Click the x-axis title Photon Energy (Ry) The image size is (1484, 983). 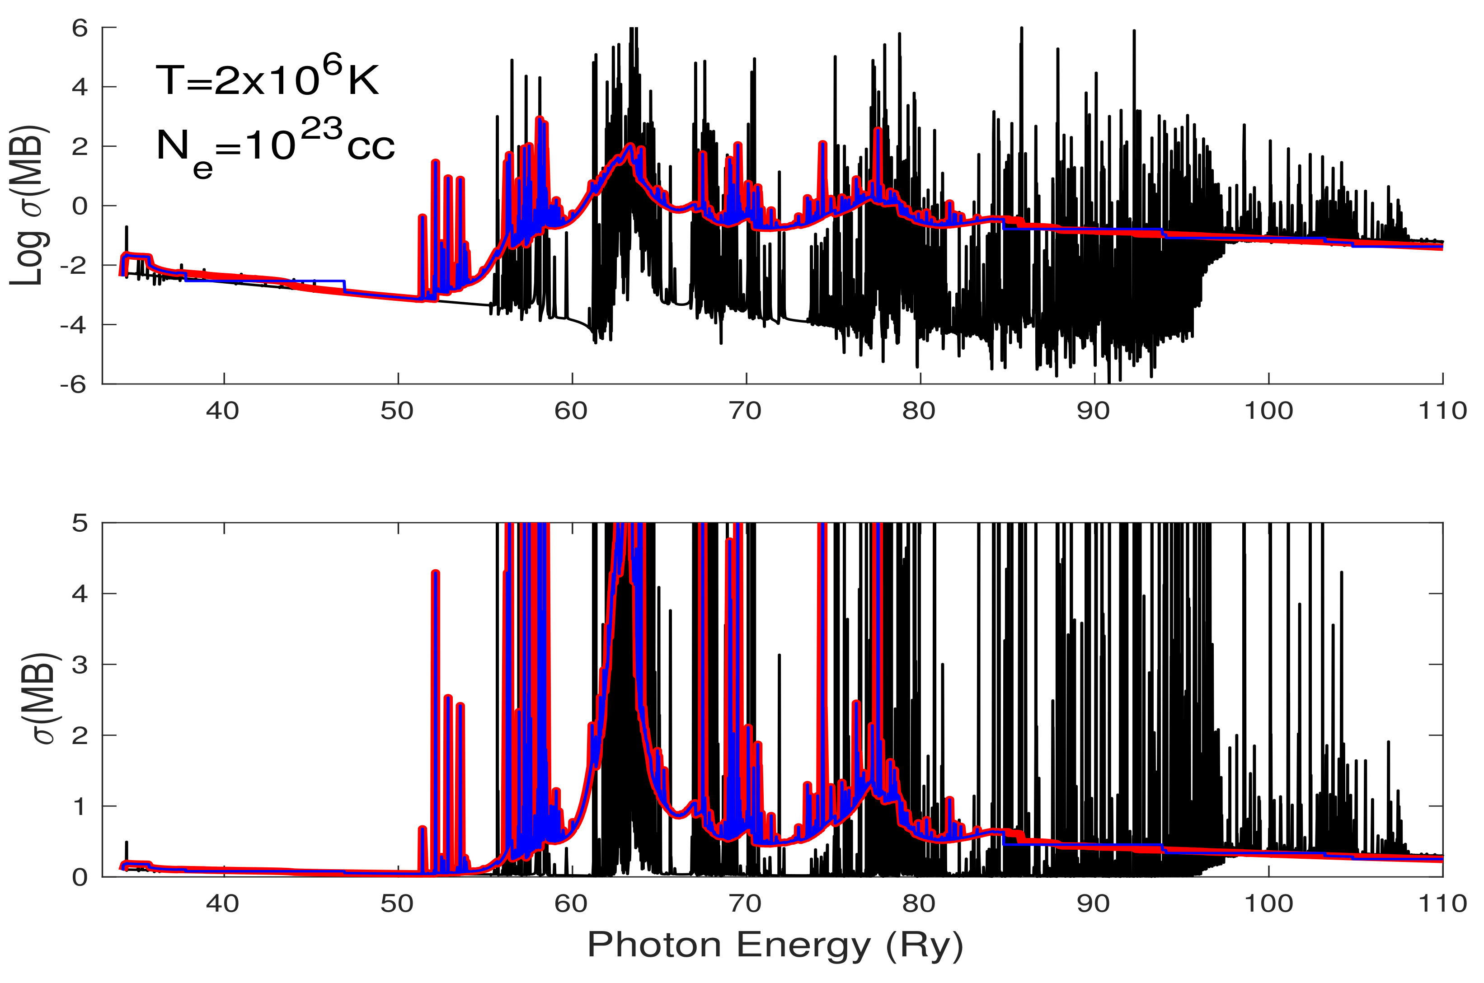[x=775, y=946]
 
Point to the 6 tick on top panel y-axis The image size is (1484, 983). [x=80, y=28]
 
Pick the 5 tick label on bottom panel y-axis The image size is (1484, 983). [x=80, y=523]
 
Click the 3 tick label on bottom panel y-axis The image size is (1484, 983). [x=80, y=665]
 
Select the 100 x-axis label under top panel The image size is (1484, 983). [x=1268, y=411]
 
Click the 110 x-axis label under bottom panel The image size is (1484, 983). [x=1442, y=904]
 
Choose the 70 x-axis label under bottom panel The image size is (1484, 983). [x=746, y=904]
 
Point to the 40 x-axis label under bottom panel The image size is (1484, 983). [x=223, y=904]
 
